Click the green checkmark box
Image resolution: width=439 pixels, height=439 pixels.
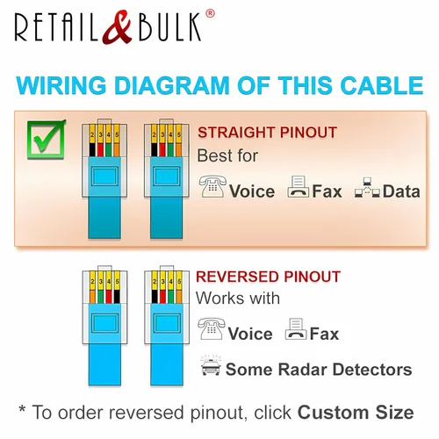(46, 140)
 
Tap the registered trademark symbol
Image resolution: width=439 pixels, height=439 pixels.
(210, 13)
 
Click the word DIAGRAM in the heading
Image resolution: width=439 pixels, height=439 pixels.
(171, 85)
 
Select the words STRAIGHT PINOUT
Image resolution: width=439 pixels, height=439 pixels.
(267, 133)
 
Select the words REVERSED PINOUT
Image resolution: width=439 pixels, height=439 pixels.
(268, 277)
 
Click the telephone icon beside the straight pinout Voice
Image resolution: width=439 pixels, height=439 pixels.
(212, 186)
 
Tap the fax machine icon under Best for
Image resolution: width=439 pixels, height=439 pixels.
(298, 186)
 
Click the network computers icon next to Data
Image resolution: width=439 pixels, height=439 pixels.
(367, 187)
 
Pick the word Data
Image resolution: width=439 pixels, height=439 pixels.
(401, 191)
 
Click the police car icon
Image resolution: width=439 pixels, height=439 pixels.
(211, 365)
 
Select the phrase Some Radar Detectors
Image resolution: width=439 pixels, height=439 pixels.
(319, 369)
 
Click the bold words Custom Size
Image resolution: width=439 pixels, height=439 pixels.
(356, 412)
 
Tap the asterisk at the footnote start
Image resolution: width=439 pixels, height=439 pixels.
(22, 408)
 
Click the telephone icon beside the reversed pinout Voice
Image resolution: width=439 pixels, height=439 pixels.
(212, 328)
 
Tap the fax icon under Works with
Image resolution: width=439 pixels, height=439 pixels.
(296, 329)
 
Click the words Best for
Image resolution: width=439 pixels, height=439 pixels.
(227, 155)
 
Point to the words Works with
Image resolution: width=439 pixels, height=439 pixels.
(238, 299)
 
